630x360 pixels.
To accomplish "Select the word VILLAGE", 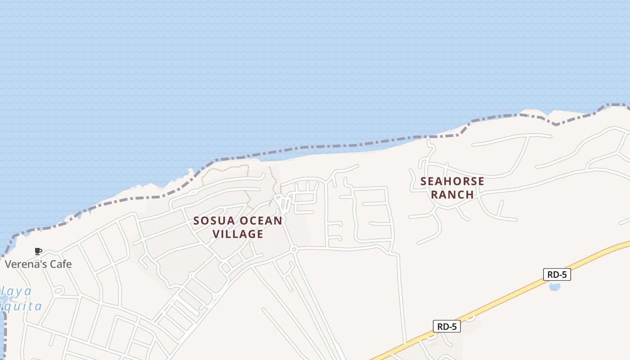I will (x=238, y=234).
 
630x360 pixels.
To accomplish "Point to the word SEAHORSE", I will (x=452, y=181).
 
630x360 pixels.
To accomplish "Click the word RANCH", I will (x=452, y=194).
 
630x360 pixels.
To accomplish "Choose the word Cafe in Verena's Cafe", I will (x=61, y=264).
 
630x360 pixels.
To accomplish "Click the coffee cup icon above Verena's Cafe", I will (x=38, y=251).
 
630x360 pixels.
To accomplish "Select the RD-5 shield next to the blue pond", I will (x=557, y=274).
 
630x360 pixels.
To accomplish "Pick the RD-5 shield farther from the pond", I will (x=446, y=327).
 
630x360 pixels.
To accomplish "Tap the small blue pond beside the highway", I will (x=554, y=287).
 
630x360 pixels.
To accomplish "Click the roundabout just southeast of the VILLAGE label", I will (x=294, y=249).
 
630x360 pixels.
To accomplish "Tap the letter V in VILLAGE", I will (x=216, y=234).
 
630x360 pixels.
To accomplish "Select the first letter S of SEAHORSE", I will (x=424, y=181).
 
